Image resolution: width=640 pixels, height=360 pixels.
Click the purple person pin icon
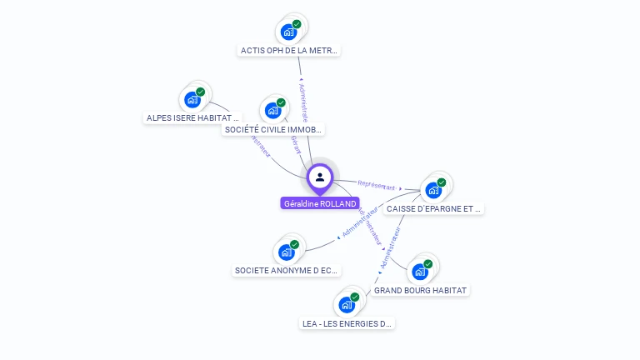coord(320,177)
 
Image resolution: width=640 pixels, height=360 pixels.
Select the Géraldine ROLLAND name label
coord(320,203)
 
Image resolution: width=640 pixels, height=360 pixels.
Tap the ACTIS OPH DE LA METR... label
coord(289,50)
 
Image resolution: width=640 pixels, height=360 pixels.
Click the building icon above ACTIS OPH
coord(288,32)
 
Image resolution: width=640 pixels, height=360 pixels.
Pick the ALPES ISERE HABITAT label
coord(192,117)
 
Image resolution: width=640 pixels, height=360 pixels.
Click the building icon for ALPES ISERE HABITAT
coord(192,100)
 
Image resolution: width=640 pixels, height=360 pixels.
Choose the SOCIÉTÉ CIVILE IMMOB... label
coord(273,129)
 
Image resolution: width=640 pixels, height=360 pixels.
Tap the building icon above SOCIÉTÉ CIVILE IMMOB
coord(272,110)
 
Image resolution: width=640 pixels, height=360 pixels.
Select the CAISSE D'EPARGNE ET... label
coord(434,208)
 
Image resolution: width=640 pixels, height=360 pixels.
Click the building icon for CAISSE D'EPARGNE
coord(432,190)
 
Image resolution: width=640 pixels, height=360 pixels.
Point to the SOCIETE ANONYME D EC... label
coord(287,270)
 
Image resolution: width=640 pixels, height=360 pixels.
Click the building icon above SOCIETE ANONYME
coord(287,252)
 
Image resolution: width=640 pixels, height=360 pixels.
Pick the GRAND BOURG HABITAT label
coord(421,290)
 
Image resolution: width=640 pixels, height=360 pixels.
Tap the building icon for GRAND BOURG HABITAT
coord(420,271)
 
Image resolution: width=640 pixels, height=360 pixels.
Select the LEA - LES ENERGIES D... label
coord(347,323)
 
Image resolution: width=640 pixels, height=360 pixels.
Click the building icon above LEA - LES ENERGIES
coord(347,305)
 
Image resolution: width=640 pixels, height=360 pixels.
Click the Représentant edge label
coord(376,185)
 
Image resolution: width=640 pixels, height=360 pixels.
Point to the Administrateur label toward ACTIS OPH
coord(304,100)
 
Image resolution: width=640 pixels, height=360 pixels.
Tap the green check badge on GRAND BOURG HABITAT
coord(428,264)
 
